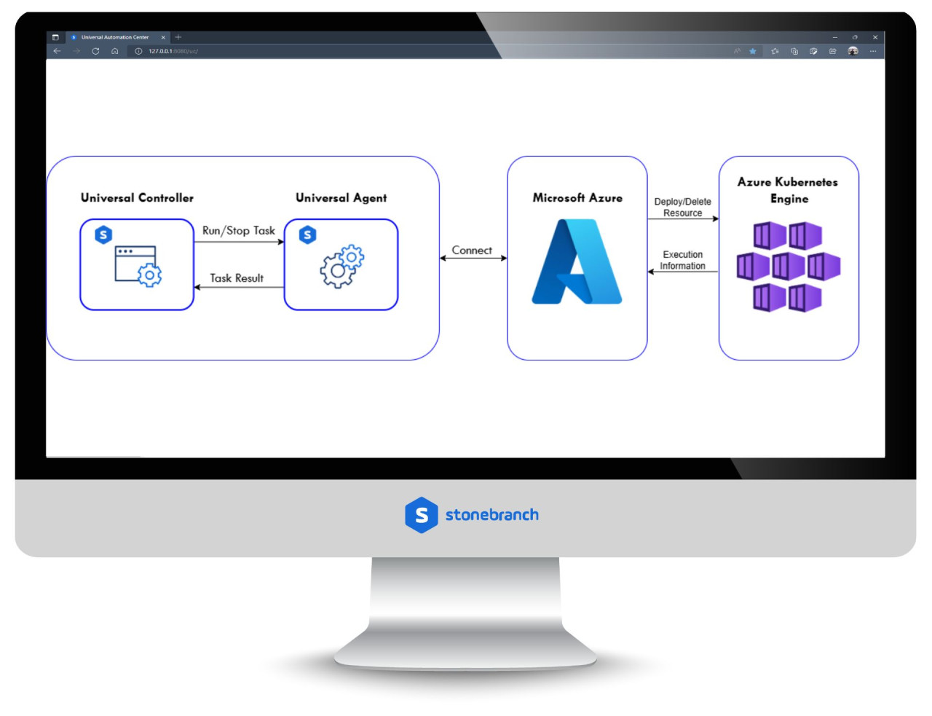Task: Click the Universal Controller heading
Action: coord(137,198)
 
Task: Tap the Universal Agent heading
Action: coord(341,198)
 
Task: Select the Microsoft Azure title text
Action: coord(577,198)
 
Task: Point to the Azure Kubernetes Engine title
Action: coord(788,190)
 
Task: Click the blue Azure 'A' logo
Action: coord(577,262)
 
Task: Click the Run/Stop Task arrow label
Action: coord(238,231)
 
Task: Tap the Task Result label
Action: coord(237,278)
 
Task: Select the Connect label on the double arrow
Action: coord(472,251)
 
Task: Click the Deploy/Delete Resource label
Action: coord(682,208)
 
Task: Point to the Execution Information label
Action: coord(682,260)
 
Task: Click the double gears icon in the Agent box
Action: coord(341,267)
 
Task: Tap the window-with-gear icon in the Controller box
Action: coord(138,266)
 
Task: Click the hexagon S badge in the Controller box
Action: coord(103,235)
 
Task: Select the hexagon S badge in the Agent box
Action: coord(308,235)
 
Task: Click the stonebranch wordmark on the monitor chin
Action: coord(491,515)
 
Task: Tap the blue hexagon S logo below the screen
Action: coord(421,515)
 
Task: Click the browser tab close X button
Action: coord(163,37)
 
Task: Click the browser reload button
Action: coord(95,51)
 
